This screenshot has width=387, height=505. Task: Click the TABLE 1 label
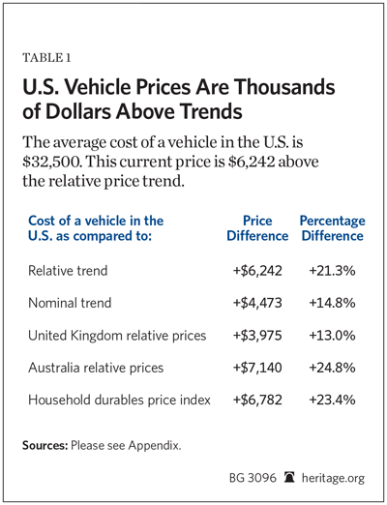pos(46,58)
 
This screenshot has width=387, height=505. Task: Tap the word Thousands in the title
pos(284,87)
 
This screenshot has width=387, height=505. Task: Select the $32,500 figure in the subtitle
pos(51,162)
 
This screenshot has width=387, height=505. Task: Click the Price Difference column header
pos(257,228)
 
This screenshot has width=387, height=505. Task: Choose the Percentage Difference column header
pos(333,228)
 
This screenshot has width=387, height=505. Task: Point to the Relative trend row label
pos(68,271)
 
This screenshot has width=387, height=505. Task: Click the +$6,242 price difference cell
pos(257,271)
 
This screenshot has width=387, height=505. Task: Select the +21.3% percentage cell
pos(332,271)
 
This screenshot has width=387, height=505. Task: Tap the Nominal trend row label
pos(70,303)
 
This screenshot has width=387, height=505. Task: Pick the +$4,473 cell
pos(257,303)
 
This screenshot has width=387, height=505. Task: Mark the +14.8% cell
pos(332,303)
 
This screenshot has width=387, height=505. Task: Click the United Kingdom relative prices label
pos(117,336)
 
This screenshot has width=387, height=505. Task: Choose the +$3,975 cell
pos(257,336)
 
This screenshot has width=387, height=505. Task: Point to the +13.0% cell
pos(332,336)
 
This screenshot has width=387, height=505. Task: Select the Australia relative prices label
pos(96,368)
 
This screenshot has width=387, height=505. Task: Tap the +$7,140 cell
pos(257,368)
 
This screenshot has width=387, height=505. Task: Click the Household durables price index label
pos(119,401)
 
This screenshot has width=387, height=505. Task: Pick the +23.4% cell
pos(332,400)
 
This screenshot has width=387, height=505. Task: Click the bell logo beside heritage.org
pos(289,477)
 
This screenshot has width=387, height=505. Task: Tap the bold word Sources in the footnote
pos(45,445)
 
